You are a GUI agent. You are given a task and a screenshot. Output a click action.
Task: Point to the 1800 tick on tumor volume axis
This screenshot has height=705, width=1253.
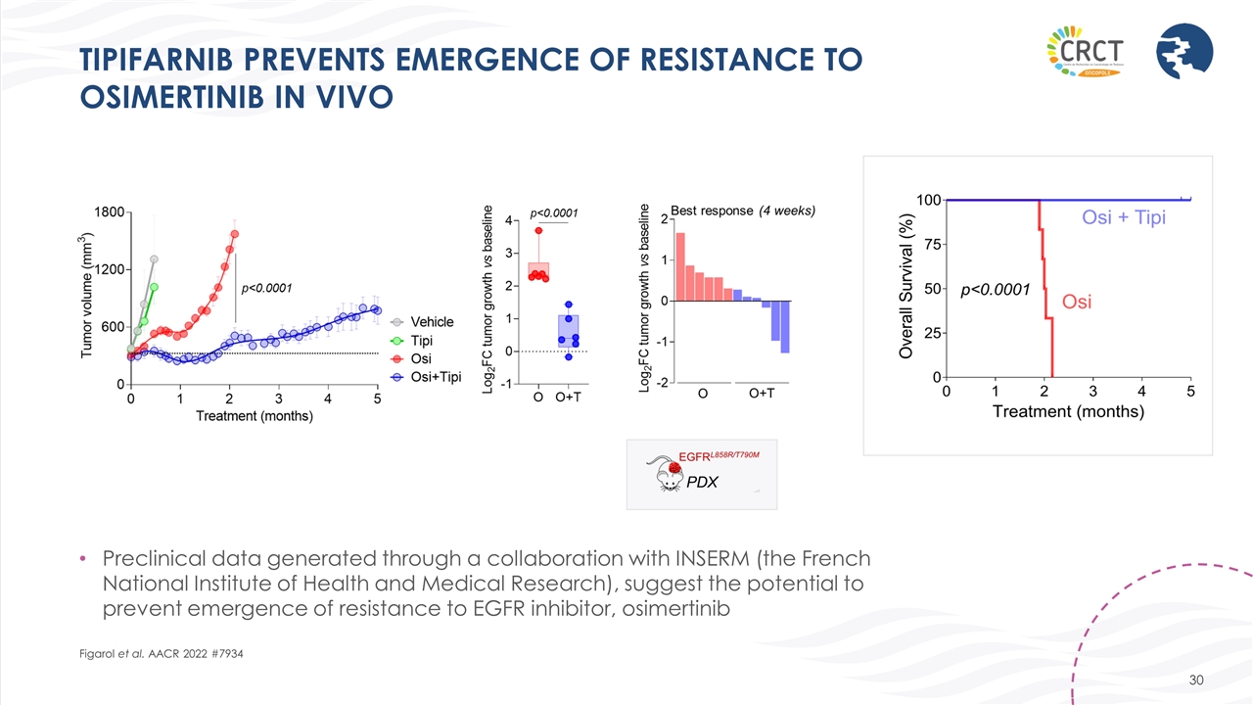109,212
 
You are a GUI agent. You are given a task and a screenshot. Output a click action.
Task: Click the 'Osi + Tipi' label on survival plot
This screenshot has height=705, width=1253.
1123,217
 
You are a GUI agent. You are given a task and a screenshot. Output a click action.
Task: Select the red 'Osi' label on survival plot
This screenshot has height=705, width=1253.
1077,302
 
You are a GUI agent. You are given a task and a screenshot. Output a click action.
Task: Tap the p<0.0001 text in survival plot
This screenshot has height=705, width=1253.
995,290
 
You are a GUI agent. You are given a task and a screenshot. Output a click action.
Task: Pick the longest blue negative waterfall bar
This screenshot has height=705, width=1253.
785,326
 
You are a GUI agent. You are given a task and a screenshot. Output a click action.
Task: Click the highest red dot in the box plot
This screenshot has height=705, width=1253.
538,231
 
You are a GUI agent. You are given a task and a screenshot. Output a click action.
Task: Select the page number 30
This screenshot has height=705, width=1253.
1194,681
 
